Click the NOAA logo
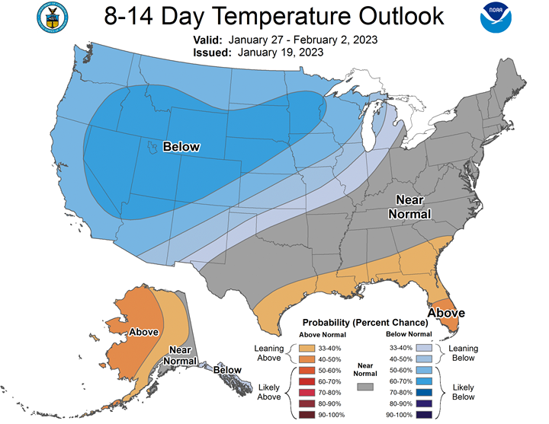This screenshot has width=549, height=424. [x=496, y=18]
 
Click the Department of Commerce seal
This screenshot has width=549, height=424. [x=52, y=18]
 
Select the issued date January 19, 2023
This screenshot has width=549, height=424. [x=281, y=53]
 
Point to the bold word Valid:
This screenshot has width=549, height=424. [x=207, y=40]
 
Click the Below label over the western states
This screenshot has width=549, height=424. [x=181, y=146]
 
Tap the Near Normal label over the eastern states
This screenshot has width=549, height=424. [x=409, y=206]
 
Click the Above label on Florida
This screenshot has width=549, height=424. [x=446, y=313]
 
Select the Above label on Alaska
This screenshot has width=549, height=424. [x=144, y=332]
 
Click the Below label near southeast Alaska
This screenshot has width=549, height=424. [x=227, y=370]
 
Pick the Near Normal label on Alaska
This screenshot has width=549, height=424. [x=180, y=355]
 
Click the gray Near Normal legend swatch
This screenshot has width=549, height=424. [x=365, y=387]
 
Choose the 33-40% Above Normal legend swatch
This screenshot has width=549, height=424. [x=307, y=348]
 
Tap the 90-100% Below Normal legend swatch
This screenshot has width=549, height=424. [x=424, y=415]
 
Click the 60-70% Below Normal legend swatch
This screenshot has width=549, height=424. [x=424, y=381]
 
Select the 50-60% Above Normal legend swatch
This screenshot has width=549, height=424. [x=307, y=370]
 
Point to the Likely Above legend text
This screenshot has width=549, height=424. [x=269, y=392]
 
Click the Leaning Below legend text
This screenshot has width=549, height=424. [x=464, y=353]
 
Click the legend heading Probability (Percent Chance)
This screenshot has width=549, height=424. [x=365, y=322]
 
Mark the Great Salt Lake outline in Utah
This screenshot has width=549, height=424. [x=152, y=148]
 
